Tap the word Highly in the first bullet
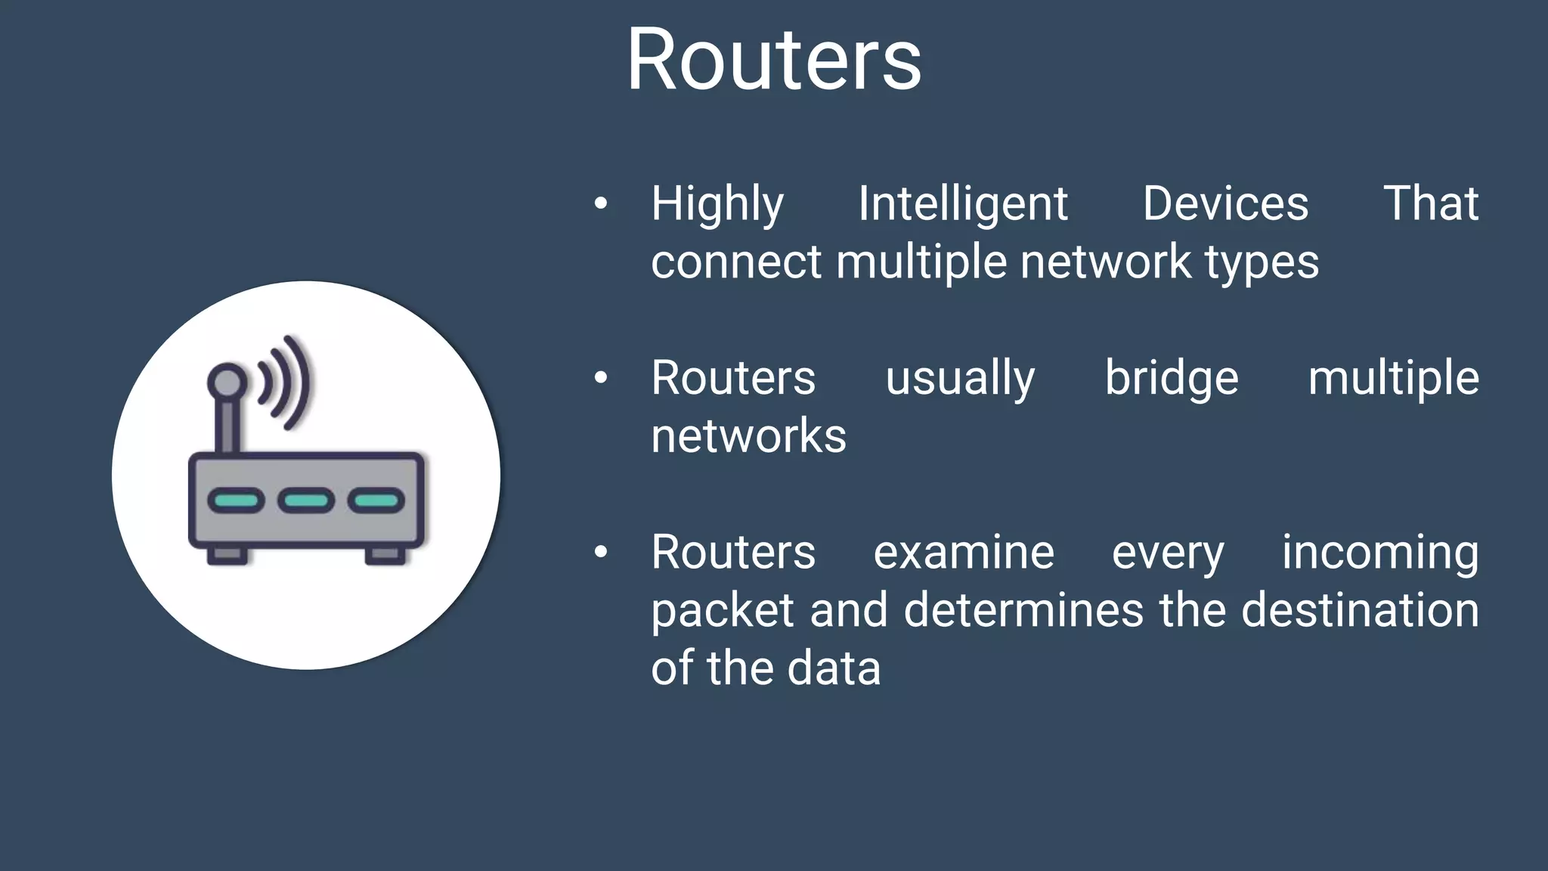(x=717, y=204)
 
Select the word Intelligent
(x=963, y=204)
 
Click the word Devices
(x=1225, y=204)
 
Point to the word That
(x=1430, y=204)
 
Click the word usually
(x=960, y=378)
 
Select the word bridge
(x=1172, y=378)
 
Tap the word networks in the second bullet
(x=748, y=436)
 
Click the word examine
(x=964, y=553)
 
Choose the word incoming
(x=1380, y=553)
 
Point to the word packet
(x=722, y=611)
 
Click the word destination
(x=1360, y=610)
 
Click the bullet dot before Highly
(x=601, y=203)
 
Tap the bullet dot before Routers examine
(x=601, y=552)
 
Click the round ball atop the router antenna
(x=227, y=381)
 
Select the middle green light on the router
(x=306, y=501)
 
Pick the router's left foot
(x=227, y=556)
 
